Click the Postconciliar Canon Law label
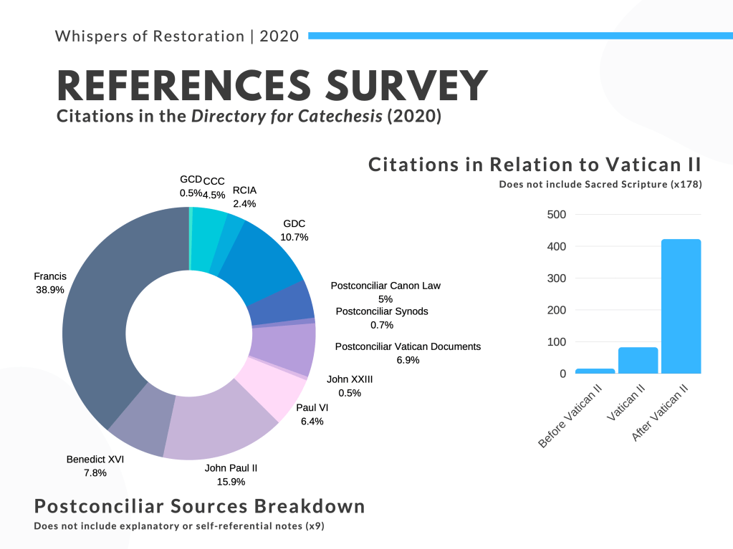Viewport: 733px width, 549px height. [x=385, y=292]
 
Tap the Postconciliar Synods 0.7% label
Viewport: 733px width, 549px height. [x=382, y=318]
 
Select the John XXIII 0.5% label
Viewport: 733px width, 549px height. [x=350, y=386]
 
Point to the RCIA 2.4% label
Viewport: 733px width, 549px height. [x=244, y=197]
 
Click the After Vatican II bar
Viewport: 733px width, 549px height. [x=681, y=306]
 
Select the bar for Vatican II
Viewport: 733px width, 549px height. [x=638, y=361]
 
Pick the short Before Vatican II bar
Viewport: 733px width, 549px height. [x=595, y=371]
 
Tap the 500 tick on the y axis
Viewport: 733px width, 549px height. [x=556, y=215]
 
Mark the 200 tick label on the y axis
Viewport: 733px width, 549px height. [x=556, y=310]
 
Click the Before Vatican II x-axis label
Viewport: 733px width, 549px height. [x=570, y=416]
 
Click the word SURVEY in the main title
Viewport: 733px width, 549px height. [x=407, y=85]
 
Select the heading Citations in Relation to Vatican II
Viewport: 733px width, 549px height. [x=535, y=165]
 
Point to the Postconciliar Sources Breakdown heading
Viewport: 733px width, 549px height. [x=200, y=507]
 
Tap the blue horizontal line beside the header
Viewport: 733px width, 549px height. [x=521, y=36]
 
